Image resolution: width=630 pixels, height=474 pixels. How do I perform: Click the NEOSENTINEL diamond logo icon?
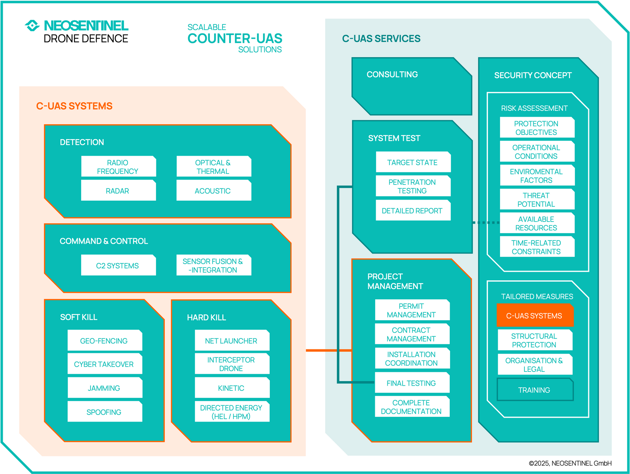tap(32, 26)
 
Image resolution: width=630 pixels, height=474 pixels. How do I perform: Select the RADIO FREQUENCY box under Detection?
tap(118, 167)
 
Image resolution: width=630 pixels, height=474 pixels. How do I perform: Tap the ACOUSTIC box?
tap(213, 191)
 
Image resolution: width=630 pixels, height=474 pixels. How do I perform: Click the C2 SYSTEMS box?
tap(118, 265)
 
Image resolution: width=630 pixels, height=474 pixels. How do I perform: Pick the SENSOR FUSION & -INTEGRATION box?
tap(213, 265)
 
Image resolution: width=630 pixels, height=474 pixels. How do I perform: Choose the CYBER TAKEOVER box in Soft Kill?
tap(104, 364)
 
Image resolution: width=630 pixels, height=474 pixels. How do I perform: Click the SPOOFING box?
tap(104, 412)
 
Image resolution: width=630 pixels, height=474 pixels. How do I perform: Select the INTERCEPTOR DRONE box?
tap(232, 364)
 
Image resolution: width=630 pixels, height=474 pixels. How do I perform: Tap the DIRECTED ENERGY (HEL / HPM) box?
tap(232, 412)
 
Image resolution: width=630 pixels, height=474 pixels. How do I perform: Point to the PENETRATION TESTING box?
tap(413, 186)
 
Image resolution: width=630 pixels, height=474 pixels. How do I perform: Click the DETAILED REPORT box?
tap(413, 211)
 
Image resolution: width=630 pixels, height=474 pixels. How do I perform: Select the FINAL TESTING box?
tap(412, 383)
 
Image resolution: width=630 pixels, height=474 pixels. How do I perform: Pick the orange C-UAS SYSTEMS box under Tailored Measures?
tap(534, 315)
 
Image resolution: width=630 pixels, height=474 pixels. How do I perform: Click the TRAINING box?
tap(534, 390)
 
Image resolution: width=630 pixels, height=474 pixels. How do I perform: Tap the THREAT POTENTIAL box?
tap(537, 200)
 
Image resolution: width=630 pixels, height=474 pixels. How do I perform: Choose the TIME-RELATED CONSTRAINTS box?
tap(537, 247)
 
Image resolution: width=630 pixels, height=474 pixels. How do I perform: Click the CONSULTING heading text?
tap(392, 75)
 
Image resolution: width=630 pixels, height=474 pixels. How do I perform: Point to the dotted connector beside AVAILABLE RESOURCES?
tap(486, 223)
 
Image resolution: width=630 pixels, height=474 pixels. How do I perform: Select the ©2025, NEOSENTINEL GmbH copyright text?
tap(570, 463)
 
